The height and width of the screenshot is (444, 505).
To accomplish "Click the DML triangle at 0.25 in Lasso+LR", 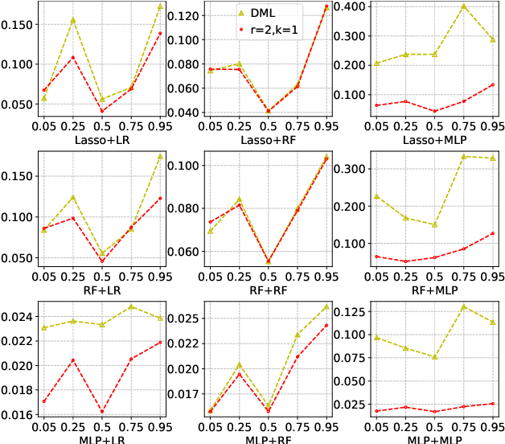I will tap(73, 20).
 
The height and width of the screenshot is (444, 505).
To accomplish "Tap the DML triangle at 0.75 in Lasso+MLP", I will tap(463, 6).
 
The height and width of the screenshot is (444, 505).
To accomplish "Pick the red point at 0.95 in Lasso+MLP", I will tap(492, 84).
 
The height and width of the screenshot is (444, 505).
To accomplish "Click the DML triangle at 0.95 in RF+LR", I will tap(160, 156).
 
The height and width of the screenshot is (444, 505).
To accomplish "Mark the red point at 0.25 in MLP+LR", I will tap(73, 360).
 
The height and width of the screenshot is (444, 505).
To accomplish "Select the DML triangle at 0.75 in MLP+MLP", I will tap(463, 306).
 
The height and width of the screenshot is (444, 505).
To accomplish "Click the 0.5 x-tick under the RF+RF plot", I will tap(269, 276).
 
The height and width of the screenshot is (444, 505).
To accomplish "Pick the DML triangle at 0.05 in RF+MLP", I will tap(376, 196).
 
